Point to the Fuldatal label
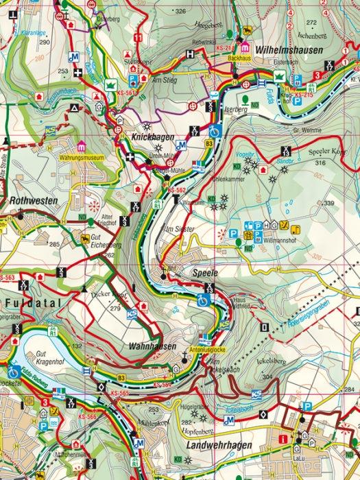(32, 302)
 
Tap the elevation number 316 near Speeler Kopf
(320, 163)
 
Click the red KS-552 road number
(177, 189)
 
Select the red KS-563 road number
(7, 278)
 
